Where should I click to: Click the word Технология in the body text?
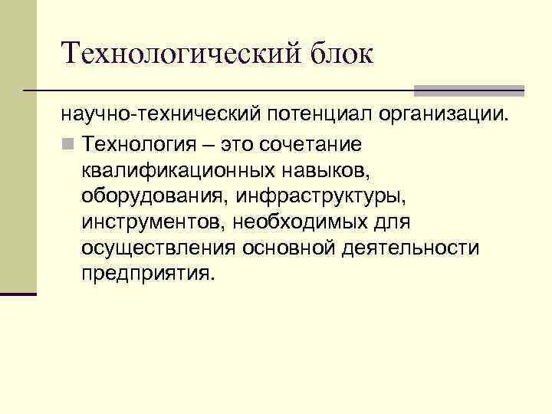(148, 143)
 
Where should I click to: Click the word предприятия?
(144, 274)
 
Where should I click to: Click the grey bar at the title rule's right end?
(469, 90)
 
